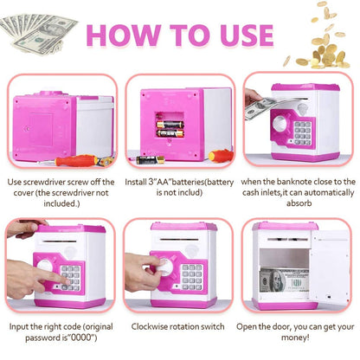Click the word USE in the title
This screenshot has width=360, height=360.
click(x=247, y=35)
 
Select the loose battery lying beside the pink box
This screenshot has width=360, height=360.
click(x=150, y=160)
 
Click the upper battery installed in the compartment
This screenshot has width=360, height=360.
click(x=170, y=125)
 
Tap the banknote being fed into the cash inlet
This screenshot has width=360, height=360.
click(x=262, y=108)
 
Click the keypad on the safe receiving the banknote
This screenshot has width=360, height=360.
click(x=303, y=133)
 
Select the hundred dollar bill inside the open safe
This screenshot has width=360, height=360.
click(x=284, y=280)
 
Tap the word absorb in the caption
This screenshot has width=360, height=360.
click(x=299, y=203)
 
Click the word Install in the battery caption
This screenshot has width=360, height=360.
click(x=135, y=182)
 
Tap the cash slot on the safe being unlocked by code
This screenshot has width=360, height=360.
click(x=60, y=241)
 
